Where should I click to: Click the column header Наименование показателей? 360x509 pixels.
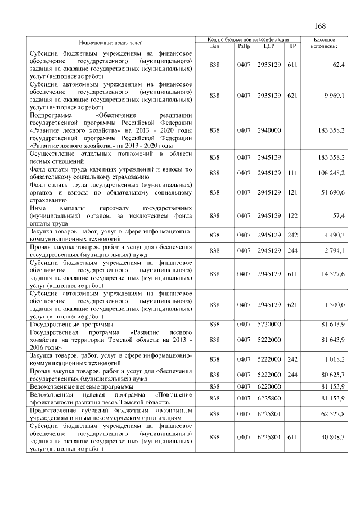tap(111, 43)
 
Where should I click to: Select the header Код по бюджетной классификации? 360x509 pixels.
tap(248, 40)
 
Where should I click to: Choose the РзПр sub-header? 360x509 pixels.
tap(244, 46)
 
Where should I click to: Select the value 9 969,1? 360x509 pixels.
tap(333, 96)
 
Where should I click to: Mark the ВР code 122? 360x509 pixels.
tap(292, 215)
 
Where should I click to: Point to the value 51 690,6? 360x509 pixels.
tap(332, 192)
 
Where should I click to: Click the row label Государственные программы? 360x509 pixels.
tap(71, 325)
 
